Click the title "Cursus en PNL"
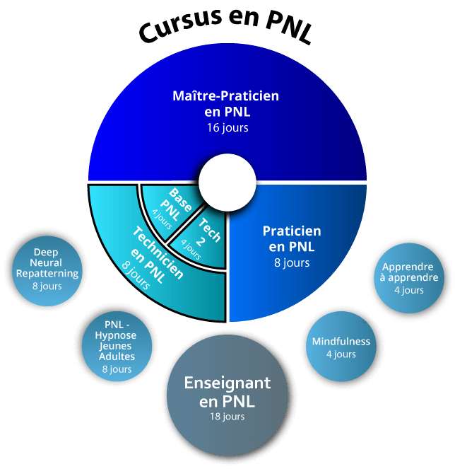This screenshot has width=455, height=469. (x=225, y=25)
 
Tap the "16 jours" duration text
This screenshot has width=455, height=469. (x=227, y=128)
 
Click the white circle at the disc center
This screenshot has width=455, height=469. (x=227, y=182)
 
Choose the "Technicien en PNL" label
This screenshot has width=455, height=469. (x=155, y=256)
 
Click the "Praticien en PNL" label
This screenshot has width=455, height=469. (x=292, y=239)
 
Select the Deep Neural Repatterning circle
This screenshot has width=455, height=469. (x=47, y=271)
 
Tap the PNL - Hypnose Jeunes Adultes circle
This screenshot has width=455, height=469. (x=117, y=346)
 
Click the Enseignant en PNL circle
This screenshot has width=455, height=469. (x=227, y=395)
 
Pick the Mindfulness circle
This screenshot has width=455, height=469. (x=341, y=346)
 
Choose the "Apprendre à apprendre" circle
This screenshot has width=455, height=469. (x=409, y=278)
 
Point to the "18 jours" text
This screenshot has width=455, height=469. (x=227, y=417)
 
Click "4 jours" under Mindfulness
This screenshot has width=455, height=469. (x=341, y=354)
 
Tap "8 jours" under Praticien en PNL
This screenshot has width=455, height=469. (x=292, y=263)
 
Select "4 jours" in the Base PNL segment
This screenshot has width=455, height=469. (x=162, y=219)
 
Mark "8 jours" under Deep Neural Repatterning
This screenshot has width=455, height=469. (x=47, y=286)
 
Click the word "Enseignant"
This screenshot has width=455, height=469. (x=227, y=383)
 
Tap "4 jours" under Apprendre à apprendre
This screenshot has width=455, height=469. (x=409, y=290)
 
